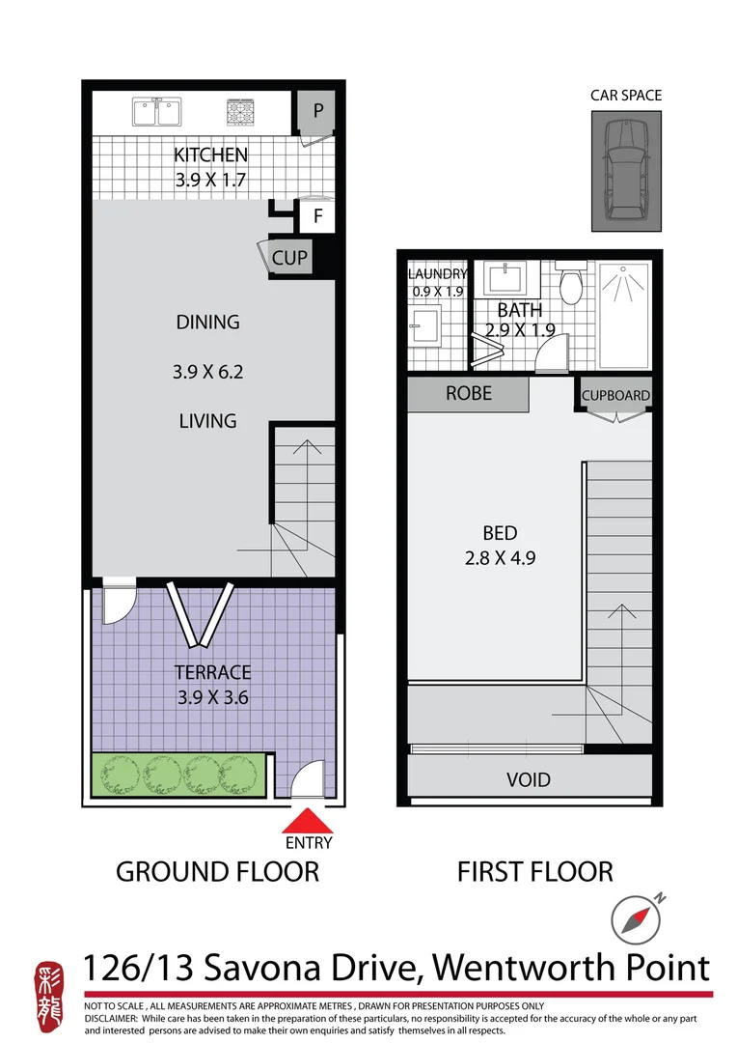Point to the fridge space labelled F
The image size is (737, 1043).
click(x=316, y=216)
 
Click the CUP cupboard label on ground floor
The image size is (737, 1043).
click(x=289, y=258)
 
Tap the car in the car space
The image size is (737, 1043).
click(x=626, y=171)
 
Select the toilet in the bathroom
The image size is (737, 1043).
click(x=571, y=283)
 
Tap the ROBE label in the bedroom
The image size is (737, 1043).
click(x=468, y=393)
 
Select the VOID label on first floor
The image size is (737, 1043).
click(x=529, y=778)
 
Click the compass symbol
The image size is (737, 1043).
click(x=637, y=917)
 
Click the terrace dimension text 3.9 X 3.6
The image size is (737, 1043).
click(x=212, y=696)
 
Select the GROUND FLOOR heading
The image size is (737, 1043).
click(x=217, y=871)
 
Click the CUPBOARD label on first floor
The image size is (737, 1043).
click(x=615, y=396)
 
